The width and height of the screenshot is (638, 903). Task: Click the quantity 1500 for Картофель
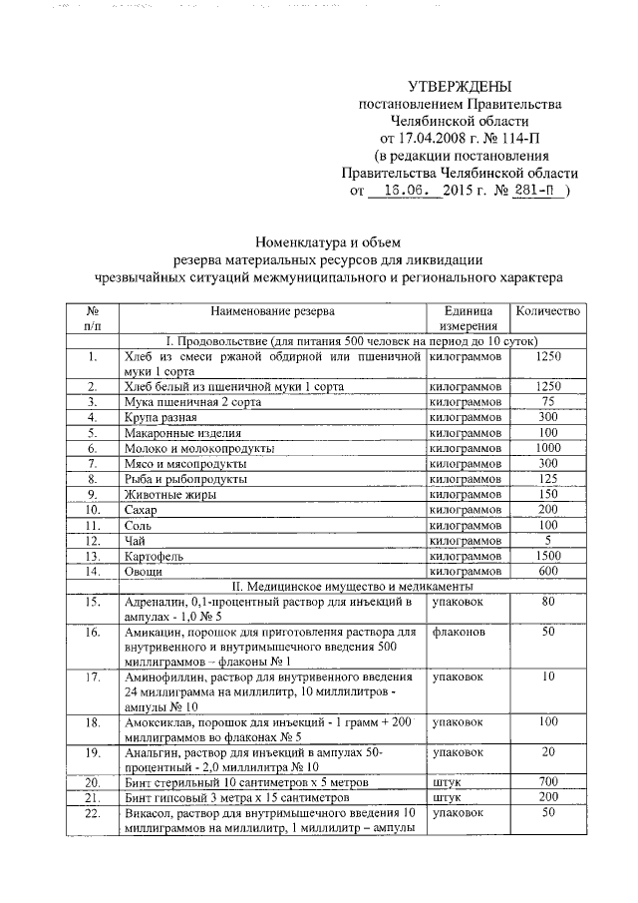tap(547, 555)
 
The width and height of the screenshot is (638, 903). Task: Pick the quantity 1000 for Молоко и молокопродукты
tap(547, 449)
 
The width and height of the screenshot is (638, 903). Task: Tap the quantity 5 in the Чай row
tap(547, 538)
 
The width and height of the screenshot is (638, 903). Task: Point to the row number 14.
tap(92, 572)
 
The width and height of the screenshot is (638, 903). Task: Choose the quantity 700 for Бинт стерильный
tap(547, 781)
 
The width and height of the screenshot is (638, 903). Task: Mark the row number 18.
tap(92, 722)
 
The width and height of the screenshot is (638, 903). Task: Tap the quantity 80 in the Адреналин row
tap(547, 603)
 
